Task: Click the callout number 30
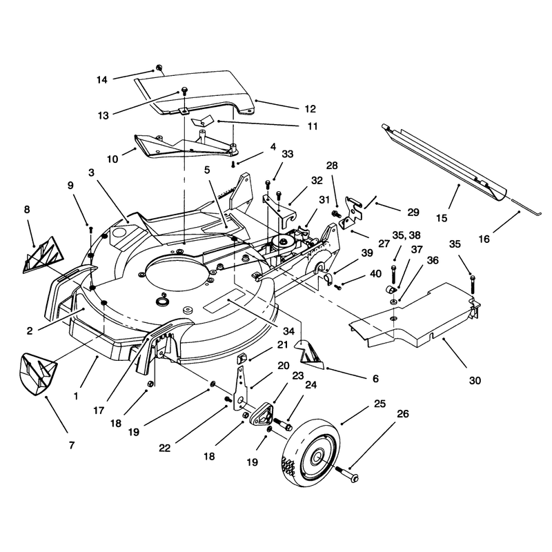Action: click(x=475, y=381)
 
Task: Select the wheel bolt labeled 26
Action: click(x=347, y=473)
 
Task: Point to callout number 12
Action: click(x=310, y=109)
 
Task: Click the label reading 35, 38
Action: click(x=406, y=235)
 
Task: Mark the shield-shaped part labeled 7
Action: click(x=37, y=374)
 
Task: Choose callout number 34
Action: click(x=288, y=331)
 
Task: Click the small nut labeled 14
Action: click(x=159, y=67)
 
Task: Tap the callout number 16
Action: click(x=484, y=239)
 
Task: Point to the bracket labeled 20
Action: click(x=240, y=387)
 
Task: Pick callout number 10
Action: click(x=112, y=159)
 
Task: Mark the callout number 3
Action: click(x=92, y=173)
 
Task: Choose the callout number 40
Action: click(x=376, y=274)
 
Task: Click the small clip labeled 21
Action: click(x=241, y=359)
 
